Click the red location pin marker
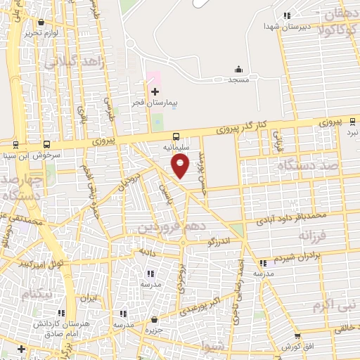181,166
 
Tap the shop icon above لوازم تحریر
41,22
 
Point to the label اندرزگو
219,242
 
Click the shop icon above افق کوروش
297,337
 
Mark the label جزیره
154,329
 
